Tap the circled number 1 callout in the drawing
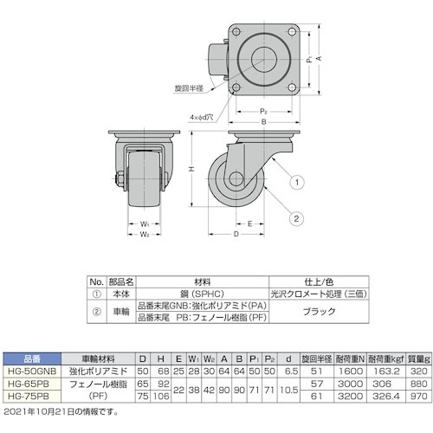(x=296, y=182)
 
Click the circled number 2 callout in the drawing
(x=296, y=216)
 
